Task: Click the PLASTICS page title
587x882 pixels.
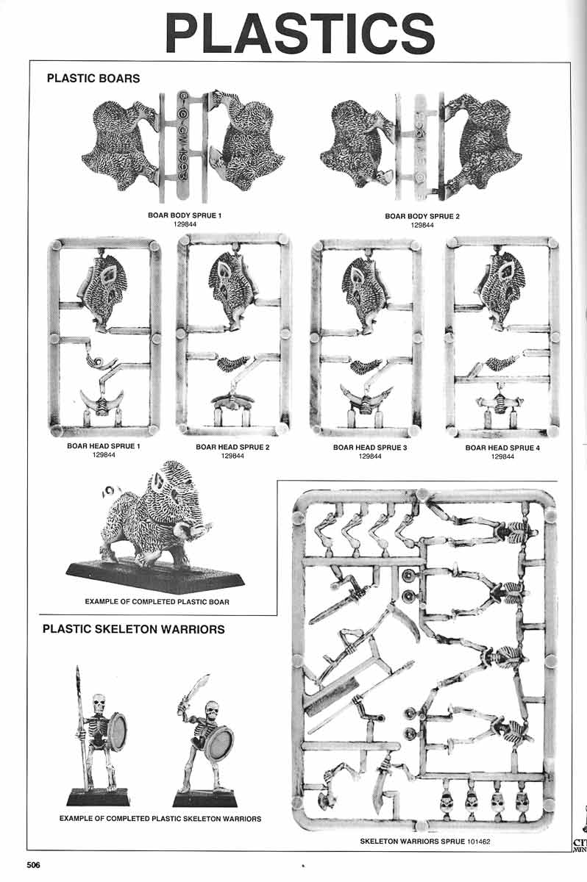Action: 299,33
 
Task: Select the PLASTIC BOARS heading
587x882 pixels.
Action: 93,78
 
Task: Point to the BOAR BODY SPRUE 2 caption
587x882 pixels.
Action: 421,216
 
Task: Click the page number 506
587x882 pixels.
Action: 33,865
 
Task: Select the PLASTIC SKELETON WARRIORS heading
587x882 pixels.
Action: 133,629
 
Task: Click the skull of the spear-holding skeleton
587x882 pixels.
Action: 97,703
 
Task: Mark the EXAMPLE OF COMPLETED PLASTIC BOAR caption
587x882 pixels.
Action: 157,602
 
